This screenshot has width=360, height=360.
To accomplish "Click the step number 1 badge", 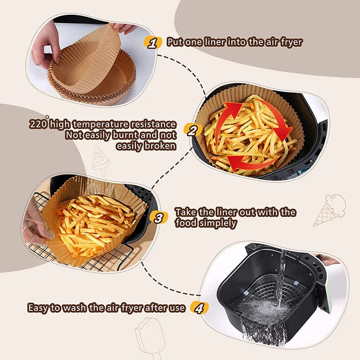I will click(153, 43).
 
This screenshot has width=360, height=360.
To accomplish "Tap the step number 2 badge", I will click(193, 130).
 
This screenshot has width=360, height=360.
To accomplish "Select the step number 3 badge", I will click(158, 218).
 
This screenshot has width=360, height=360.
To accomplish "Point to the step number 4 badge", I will click(199, 308).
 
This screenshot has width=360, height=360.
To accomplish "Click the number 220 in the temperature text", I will click(38, 124).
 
